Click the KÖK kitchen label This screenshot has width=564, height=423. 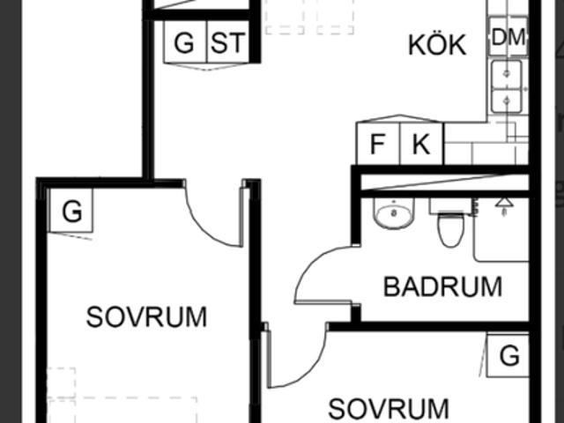[437, 45]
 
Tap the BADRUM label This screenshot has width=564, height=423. [442, 286]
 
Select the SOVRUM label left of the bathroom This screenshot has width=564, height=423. [146, 317]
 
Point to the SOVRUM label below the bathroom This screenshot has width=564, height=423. [389, 409]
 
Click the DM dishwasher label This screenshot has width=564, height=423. [508, 37]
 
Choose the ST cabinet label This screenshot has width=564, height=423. [228, 42]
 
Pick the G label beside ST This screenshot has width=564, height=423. [184, 43]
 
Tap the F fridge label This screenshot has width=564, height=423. [377, 145]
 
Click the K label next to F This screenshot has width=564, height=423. [421, 145]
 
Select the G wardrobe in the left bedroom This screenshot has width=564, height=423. [71, 211]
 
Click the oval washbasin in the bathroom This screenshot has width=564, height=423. [394, 213]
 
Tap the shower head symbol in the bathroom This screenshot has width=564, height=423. [504, 205]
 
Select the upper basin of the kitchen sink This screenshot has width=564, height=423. [507, 74]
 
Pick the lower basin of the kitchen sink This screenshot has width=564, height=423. [507, 101]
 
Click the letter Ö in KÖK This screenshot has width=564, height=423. [437, 44]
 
